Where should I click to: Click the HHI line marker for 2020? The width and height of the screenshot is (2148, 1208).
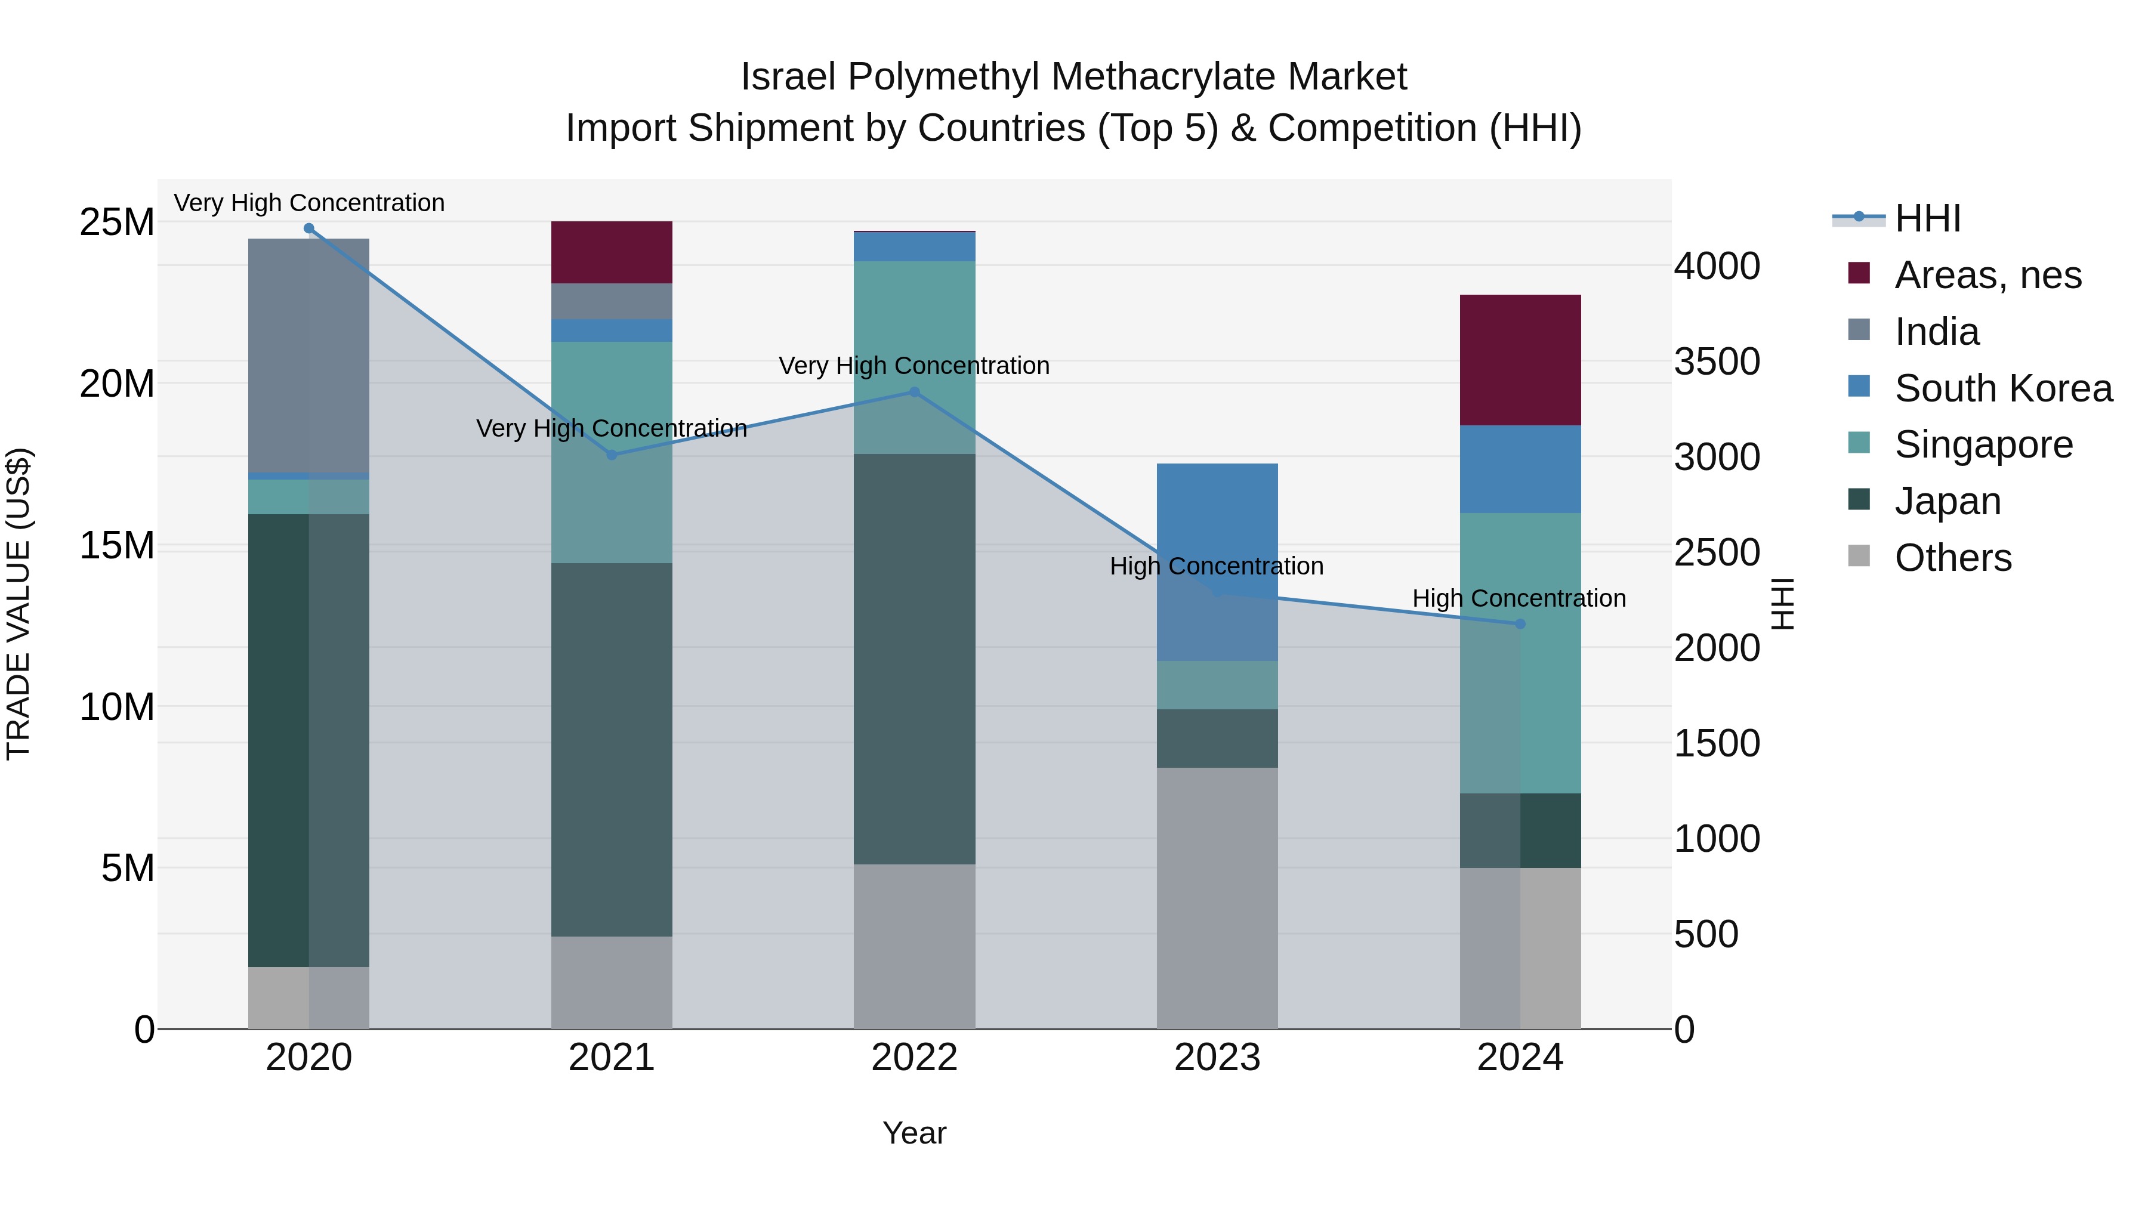point(308,228)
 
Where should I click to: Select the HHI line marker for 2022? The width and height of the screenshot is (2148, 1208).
point(914,392)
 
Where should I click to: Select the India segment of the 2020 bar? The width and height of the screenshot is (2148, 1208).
point(308,355)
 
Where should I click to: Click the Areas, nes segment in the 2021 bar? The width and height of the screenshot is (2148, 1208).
point(611,252)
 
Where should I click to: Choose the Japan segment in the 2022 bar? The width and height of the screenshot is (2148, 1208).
point(914,659)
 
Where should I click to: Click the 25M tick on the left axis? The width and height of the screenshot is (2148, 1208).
point(117,223)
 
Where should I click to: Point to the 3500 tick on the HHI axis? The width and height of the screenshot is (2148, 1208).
point(1717,362)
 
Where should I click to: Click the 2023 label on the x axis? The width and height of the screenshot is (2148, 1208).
point(1217,1058)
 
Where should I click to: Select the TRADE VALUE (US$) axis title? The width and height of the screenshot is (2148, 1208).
point(18,604)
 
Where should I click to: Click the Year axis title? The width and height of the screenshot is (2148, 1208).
point(914,1133)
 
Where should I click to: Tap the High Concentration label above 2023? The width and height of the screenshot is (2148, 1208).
point(1216,566)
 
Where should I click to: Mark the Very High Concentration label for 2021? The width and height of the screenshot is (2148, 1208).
point(611,428)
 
